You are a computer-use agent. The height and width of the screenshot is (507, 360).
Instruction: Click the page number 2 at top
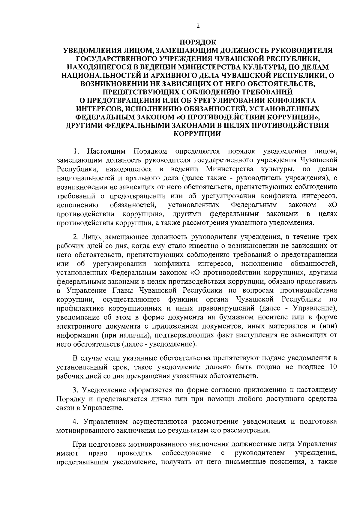pyautogui.click(x=198, y=26)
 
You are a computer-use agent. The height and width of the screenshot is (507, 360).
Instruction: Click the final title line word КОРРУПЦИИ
pyautogui.click(x=197, y=133)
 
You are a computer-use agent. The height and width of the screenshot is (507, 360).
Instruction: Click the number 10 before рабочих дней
pyautogui.click(x=333, y=367)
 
